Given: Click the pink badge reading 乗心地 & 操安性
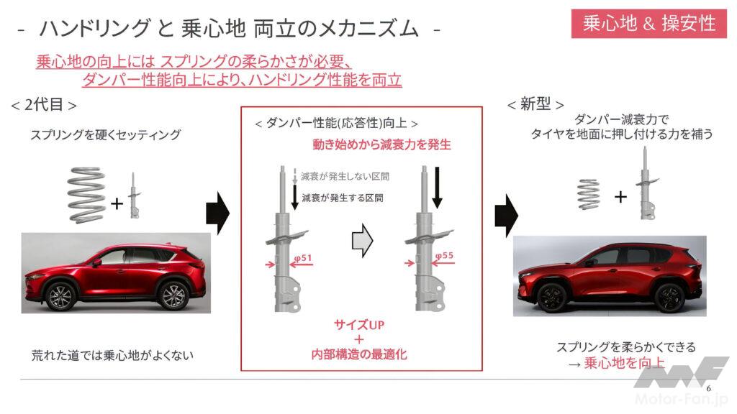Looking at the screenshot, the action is (648, 23).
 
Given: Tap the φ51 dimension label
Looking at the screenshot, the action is (303, 258).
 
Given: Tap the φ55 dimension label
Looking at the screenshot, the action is (444, 255).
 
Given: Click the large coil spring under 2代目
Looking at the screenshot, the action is (86, 194).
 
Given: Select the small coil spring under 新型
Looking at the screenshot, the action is (589, 194).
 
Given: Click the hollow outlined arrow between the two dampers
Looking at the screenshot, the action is (362, 240).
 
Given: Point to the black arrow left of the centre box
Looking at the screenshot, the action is (217, 213).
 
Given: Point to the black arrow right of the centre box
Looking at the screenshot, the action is (506, 216).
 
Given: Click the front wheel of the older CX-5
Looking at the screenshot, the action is (60, 295).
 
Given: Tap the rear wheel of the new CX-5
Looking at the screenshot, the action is (669, 298).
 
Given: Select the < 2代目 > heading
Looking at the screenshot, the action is (44, 105).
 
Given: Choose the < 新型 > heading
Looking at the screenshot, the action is (535, 103).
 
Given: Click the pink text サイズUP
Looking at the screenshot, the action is (359, 324).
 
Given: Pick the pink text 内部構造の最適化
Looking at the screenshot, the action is (359, 354).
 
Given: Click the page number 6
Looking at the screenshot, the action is (708, 388).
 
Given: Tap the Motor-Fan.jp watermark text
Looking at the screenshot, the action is (681, 399).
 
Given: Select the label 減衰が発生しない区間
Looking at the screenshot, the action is (345, 177).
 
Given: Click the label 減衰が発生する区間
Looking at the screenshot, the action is (342, 198).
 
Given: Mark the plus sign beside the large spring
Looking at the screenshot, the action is (117, 203).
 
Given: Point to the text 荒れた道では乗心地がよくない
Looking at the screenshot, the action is (112, 355).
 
